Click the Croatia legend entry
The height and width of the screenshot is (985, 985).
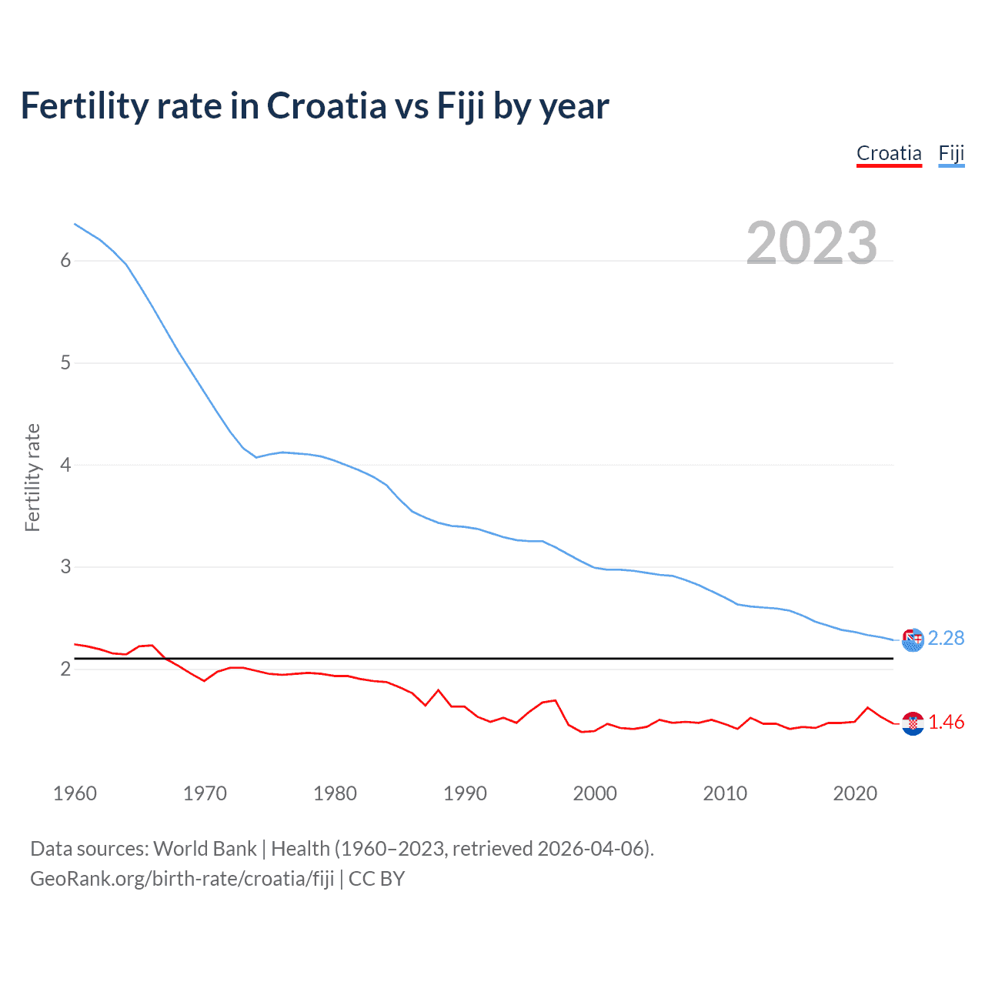(889, 153)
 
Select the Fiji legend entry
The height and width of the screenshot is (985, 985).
(951, 153)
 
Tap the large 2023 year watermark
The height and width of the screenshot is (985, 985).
(812, 243)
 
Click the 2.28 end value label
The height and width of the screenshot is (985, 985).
(946, 638)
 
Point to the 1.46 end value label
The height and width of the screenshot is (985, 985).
(946, 722)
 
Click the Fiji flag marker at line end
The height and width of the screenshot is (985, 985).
(913, 639)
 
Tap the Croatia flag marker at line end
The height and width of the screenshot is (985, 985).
(913, 723)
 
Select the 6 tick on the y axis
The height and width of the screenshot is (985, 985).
(65, 261)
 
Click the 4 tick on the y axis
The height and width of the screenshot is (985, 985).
(65, 465)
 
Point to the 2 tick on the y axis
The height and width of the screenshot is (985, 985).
(65, 669)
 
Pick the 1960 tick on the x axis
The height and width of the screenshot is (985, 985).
(75, 793)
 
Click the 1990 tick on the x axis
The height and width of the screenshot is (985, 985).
(465, 793)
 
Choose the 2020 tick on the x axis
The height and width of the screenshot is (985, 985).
(855, 793)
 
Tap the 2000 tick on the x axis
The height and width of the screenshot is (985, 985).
(595, 793)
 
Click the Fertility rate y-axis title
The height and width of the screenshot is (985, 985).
(32, 477)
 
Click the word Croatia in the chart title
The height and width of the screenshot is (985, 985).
(326, 105)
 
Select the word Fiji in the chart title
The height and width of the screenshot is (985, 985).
(461, 105)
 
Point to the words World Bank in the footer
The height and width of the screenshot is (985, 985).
(205, 849)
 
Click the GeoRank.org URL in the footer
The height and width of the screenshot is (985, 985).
(182, 879)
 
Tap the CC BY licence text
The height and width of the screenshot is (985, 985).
(376, 879)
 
